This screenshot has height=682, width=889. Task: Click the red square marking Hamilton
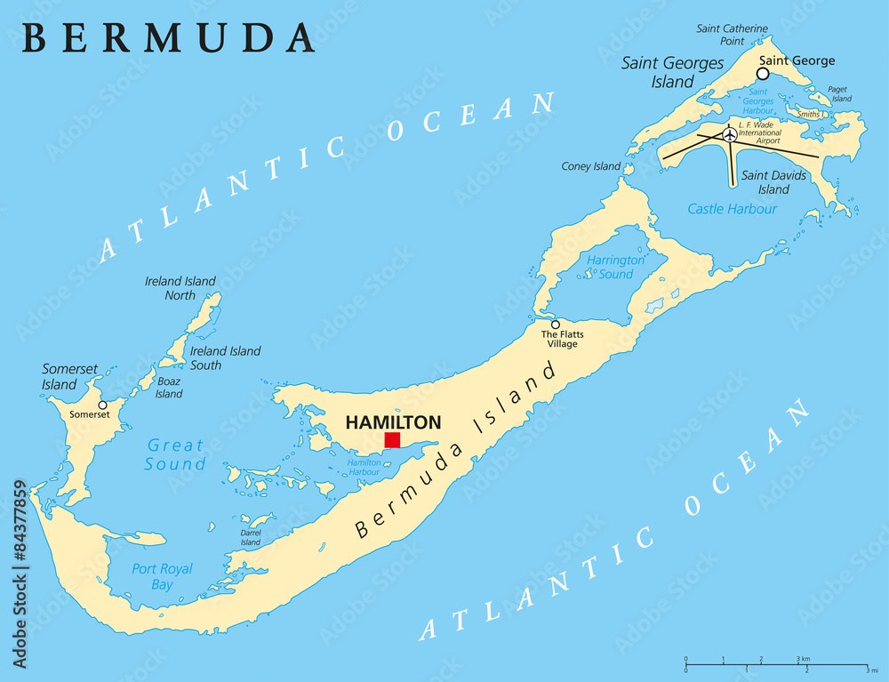(x=392, y=440)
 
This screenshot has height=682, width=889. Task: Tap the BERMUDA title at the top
(x=168, y=37)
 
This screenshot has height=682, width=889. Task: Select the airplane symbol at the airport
(x=730, y=134)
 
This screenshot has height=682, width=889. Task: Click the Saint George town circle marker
(x=762, y=74)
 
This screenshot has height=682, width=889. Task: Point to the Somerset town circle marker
(x=102, y=405)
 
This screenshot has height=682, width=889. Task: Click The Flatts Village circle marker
(x=555, y=325)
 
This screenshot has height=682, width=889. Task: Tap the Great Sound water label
(x=176, y=454)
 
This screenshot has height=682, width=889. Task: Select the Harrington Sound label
(x=615, y=267)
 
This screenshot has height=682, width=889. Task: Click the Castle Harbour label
(x=733, y=209)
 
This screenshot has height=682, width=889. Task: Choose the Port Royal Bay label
(x=162, y=576)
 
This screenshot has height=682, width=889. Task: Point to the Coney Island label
(x=590, y=166)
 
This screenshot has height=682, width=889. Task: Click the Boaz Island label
(x=169, y=388)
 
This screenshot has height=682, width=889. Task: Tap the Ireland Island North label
(x=180, y=288)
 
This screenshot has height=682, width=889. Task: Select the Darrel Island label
(x=251, y=537)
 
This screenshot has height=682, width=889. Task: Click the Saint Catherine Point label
(x=732, y=35)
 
